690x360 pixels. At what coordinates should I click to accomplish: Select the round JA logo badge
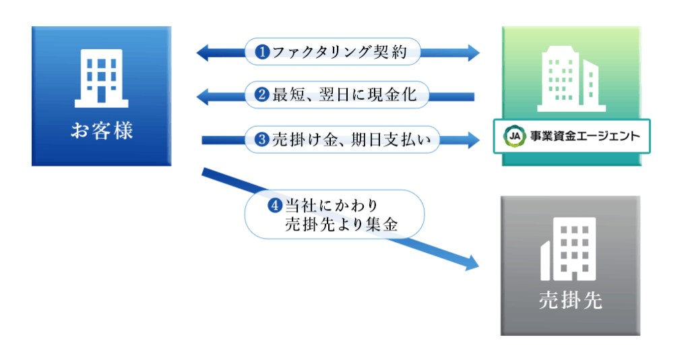[x=514, y=137]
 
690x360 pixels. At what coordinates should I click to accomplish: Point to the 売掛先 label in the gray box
[x=570, y=300]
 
